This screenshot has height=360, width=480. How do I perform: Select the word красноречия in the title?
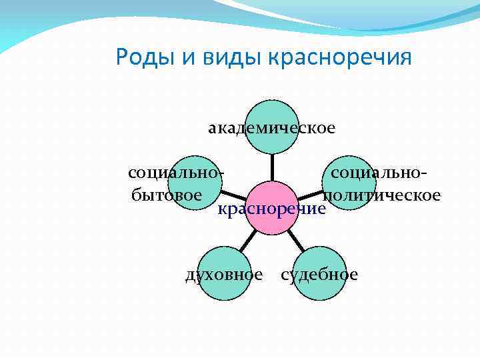(x=340, y=57)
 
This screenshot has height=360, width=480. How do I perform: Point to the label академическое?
(x=271, y=127)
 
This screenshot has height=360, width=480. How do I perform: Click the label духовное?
(x=224, y=275)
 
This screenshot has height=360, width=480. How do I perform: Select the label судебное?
(x=319, y=275)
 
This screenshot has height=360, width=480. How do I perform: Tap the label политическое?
(x=381, y=195)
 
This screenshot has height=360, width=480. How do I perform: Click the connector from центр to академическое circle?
(x=271, y=167)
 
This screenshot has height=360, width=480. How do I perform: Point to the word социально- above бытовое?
(x=175, y=173)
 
